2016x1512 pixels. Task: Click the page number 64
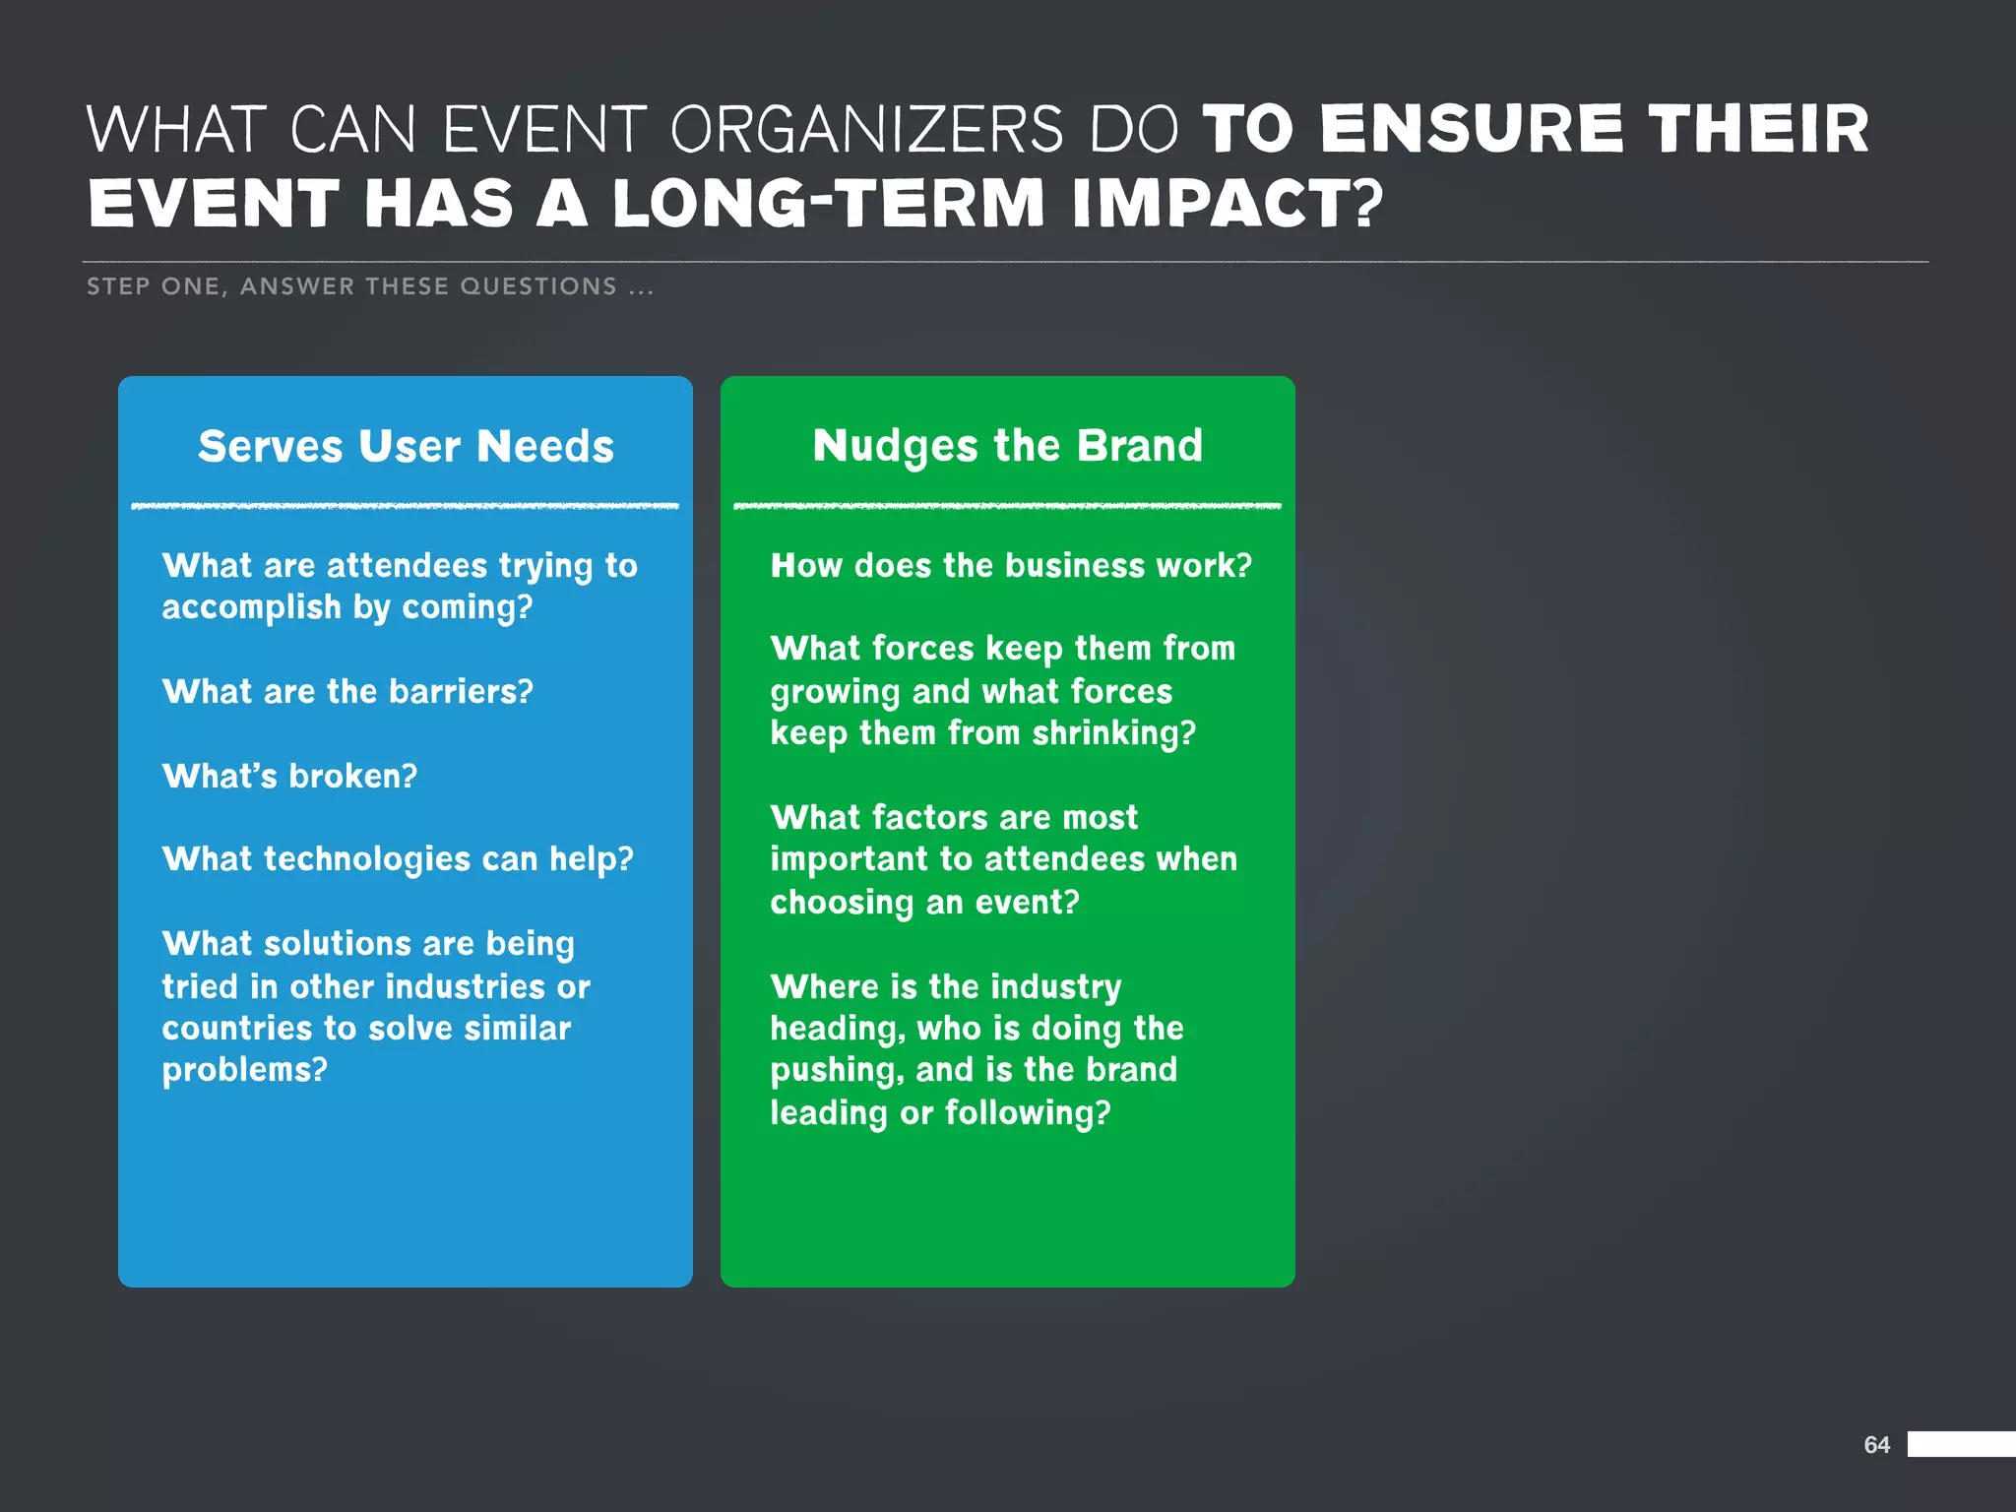(1876, 1444)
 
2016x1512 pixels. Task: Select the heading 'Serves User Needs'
(406, 446)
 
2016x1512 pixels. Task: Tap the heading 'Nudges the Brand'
(1007, 446)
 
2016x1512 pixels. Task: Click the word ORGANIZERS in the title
(866, 130)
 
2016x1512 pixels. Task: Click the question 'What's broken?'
(289, 776)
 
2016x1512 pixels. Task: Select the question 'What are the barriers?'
(347, 691)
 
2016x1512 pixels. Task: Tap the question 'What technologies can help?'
(398, 859)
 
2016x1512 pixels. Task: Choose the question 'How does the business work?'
(1011, 565)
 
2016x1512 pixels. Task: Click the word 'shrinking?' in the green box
(1113, 733)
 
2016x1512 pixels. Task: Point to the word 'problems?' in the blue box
(244, 1070)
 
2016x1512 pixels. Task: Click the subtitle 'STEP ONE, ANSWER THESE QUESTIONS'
(369, 286)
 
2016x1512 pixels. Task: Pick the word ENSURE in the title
(1471, 130)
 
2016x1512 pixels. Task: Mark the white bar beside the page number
(1961, 1444)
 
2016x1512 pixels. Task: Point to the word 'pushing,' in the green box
(837, 1071)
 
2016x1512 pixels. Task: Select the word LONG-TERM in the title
(828, 204)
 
